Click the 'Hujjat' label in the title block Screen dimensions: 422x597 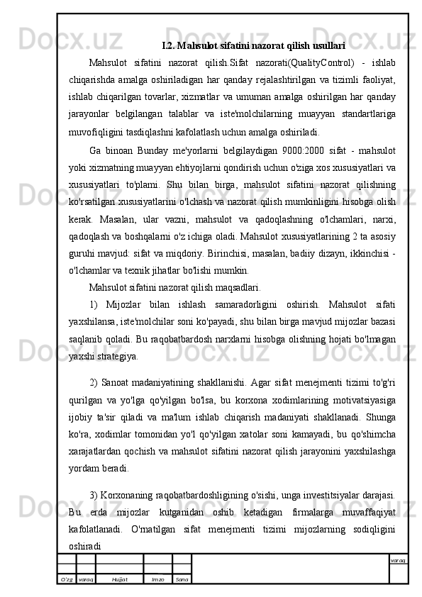tap(119, 579)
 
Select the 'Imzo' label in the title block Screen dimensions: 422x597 tap(157, 579)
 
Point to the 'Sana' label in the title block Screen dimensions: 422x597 tap(182, 579)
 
